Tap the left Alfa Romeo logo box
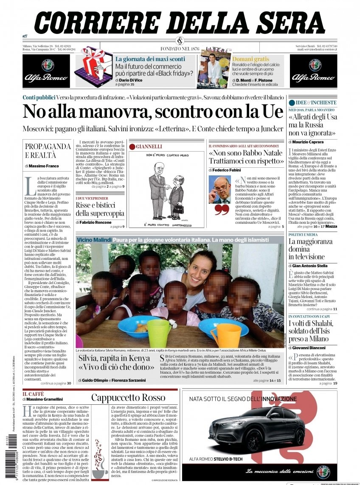click(46, 71)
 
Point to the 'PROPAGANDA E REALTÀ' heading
click(48, 150)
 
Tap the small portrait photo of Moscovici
click(219, 189)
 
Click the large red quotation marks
click(221, 209)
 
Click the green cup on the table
click(159, 333)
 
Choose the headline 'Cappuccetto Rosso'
click(128, 398)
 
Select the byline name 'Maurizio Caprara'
click(308, 142)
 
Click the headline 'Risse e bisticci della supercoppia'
click(100, 209)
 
